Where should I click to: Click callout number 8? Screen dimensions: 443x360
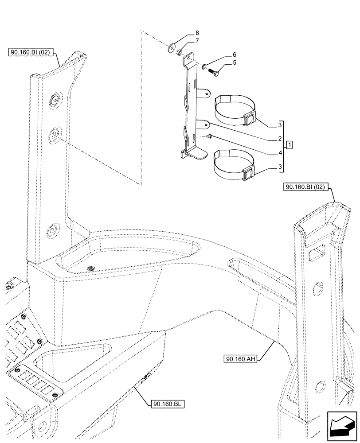(x=198, y=33)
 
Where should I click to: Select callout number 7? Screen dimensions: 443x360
(x=197, y=41)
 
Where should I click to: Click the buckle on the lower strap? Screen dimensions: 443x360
(x=249, y=173)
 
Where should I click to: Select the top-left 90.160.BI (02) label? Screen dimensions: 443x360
(x=31, y=52)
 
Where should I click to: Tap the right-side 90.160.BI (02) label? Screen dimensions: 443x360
(x=305, y=187)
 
